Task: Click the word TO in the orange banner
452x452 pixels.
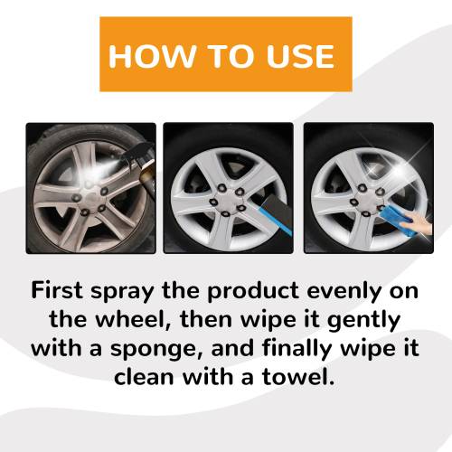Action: [x=231, y=56]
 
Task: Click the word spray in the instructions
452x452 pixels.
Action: [x=123, y=293]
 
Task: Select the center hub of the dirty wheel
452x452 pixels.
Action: [x=89, y=197]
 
